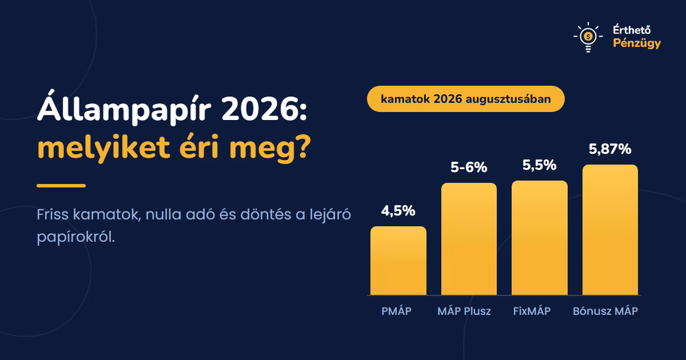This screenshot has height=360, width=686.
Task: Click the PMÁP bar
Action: coord(398,261)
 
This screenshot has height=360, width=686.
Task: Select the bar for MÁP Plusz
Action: coord(469,239)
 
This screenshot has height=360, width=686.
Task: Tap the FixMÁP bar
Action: coord(539,238)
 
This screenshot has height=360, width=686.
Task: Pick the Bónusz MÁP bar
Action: coord(610,230)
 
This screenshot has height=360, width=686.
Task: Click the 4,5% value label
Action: coord(398,211)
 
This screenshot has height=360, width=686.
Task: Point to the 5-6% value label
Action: coord(469,167)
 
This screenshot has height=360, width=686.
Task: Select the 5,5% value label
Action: coord(539,165)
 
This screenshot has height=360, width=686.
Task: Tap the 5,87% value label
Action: coord(610,149)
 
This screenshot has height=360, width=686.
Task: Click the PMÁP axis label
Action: coord(396,311)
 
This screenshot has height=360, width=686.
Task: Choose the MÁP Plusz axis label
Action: coord(464,311)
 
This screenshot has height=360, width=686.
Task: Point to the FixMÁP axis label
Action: coord(532,311)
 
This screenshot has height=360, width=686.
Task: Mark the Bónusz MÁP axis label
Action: coord(605,311)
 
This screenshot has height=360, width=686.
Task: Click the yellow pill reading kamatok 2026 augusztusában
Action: coord(466,99)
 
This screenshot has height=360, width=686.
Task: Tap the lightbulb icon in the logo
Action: coord(588,37)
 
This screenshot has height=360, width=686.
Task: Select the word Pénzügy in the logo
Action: coord(637,43)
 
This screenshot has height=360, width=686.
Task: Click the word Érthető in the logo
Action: coord(632,30)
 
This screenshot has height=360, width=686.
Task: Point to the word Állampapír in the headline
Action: coord(125,108)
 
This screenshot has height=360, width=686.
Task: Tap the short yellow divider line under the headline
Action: coord(61,186)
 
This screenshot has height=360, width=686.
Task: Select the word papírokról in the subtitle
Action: coord(75,237)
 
